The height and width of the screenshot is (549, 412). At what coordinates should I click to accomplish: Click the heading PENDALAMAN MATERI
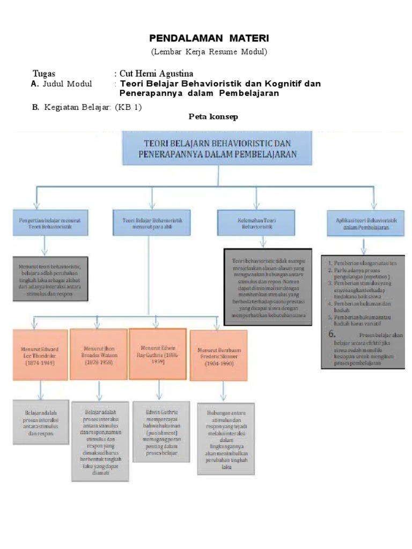(209, 39)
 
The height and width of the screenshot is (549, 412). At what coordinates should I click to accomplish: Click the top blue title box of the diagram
(217, 149)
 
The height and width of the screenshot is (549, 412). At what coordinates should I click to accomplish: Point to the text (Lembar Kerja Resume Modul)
(208, 52)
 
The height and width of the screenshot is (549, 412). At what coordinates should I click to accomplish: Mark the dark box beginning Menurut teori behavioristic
(50, 280)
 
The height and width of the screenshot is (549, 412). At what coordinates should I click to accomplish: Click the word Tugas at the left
(43, 73)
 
